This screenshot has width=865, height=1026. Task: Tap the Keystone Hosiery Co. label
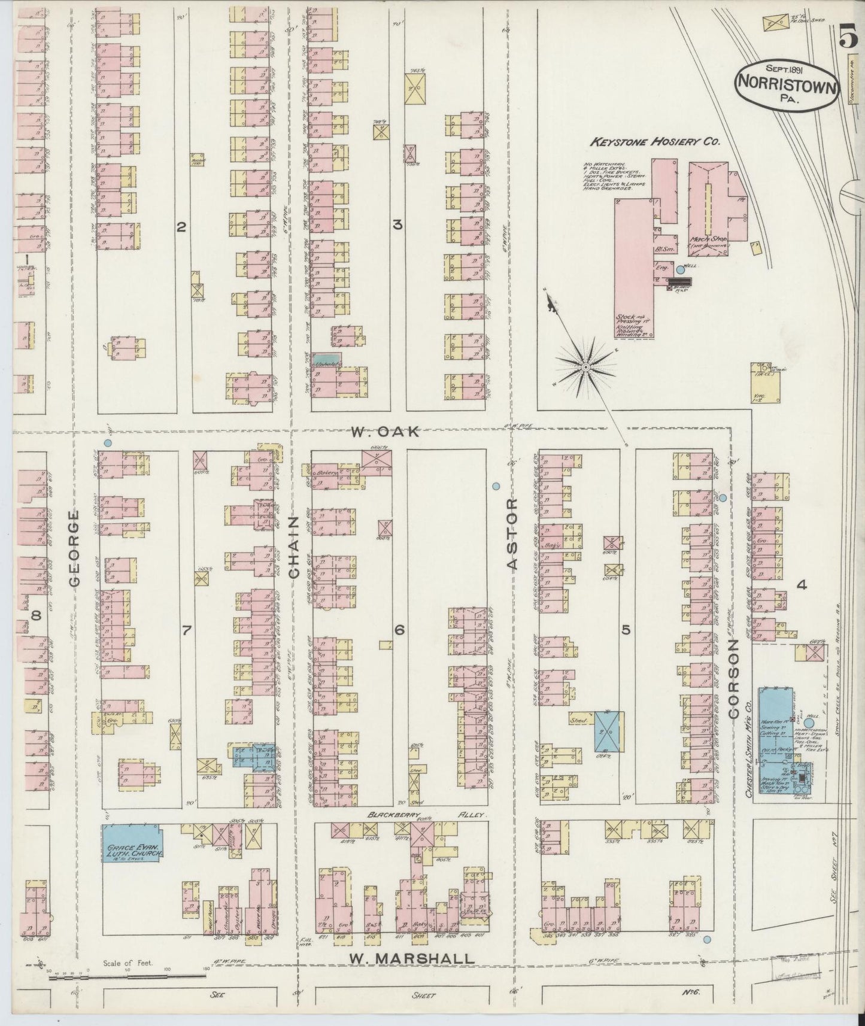point(654,142)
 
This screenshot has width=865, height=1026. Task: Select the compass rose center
point(586,366)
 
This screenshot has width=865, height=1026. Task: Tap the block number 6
point(399,629)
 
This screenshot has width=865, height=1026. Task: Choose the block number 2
point(181,226)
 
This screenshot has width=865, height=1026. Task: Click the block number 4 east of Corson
point(802,585)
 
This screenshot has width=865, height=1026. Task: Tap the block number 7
point(186,629)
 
